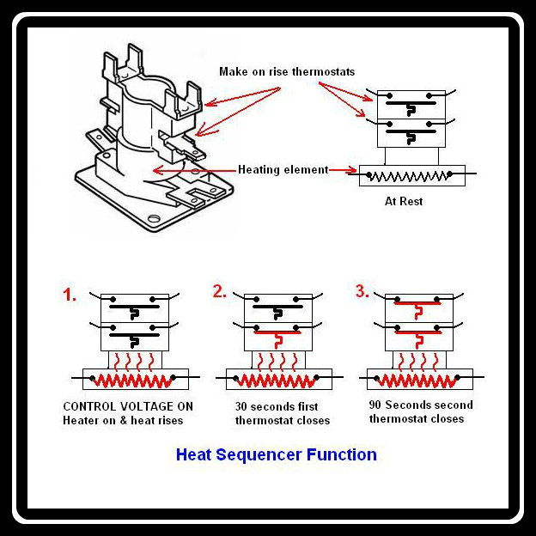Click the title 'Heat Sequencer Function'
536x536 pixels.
coord(276,454)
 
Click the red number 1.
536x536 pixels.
coord(70,295)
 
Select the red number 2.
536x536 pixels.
coord(220,291)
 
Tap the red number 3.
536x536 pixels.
coord(362,291)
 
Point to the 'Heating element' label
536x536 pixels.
coord(283,169)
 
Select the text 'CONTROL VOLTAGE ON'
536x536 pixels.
coord(127,406)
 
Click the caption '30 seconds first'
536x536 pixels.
coord(277,406)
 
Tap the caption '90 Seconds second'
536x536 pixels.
coord(421,405)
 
